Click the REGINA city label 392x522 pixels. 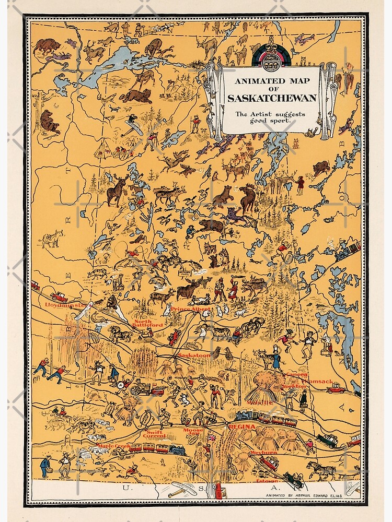242,427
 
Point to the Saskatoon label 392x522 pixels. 193,355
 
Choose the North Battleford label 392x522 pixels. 149,323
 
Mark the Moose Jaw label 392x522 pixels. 193,432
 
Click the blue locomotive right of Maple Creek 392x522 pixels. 177,449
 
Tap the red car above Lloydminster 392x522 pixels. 58,297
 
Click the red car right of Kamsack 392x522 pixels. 335,388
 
